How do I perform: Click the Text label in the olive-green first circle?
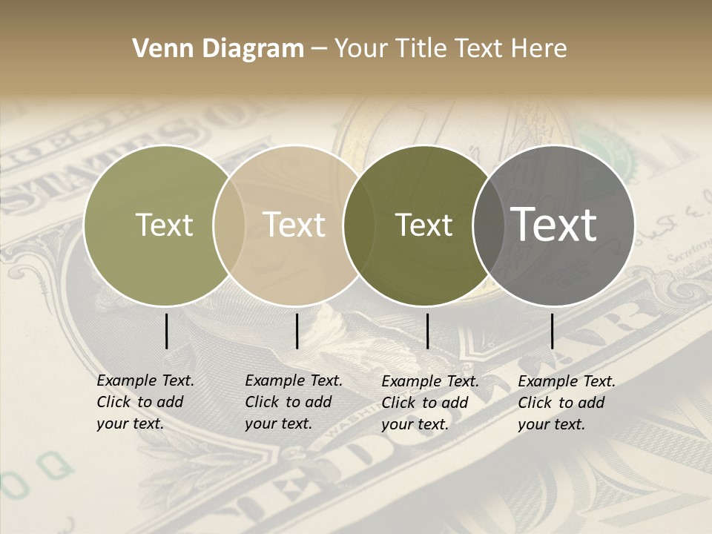pos(164,225)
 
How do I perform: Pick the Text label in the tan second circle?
pos(294,225)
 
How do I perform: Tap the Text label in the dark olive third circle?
pos(423,225)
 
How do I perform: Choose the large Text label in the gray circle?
pos(554,225)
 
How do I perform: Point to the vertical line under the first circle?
pos(166,331)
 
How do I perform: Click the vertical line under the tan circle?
pos(297,331)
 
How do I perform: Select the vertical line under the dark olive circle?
pos(427,331)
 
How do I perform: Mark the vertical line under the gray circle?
pos(552,331)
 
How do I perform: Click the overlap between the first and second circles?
pos(229,225)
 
